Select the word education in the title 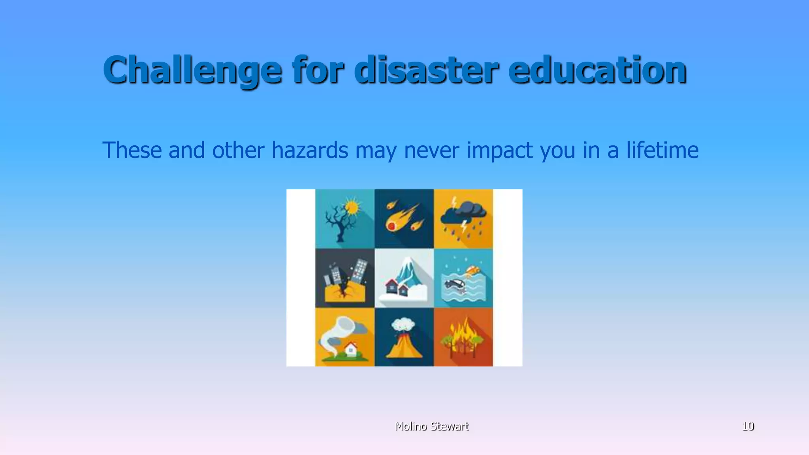point(597,70)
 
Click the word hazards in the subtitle point(310,150)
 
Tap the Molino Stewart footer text point(432,426)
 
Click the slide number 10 point(748,426)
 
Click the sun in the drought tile point(352,207)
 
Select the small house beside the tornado point(350,349)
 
